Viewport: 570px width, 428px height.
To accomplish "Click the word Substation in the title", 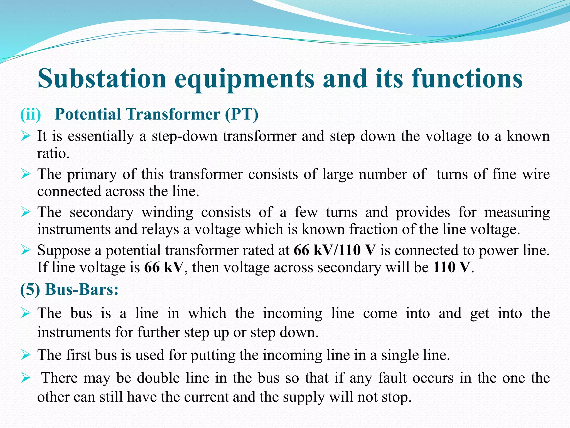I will pyautogui.click(x=102, y=79).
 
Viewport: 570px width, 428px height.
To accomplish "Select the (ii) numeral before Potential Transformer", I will pyautogui.click(x=31, y=114).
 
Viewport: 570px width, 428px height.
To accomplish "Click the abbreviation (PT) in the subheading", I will pyautogui.click(x=242, y=114).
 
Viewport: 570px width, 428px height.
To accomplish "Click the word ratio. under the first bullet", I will pyautogui.click(x=53, y=153).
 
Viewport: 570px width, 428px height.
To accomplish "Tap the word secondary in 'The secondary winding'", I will pyautogui.click(x=102, y=212).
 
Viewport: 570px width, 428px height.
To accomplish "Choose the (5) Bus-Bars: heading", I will pyautogui.click(x=69, y=289).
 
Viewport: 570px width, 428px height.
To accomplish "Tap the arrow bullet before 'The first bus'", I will pyautogui.click(x=26, y=355).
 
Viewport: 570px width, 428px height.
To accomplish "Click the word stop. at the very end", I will pyautogui.click(x=396, y=397).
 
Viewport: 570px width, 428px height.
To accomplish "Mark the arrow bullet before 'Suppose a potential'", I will pyautogui.click(x=26, y=250).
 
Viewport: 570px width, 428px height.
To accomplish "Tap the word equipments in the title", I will pyautogui.click(x=244, y=79).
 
